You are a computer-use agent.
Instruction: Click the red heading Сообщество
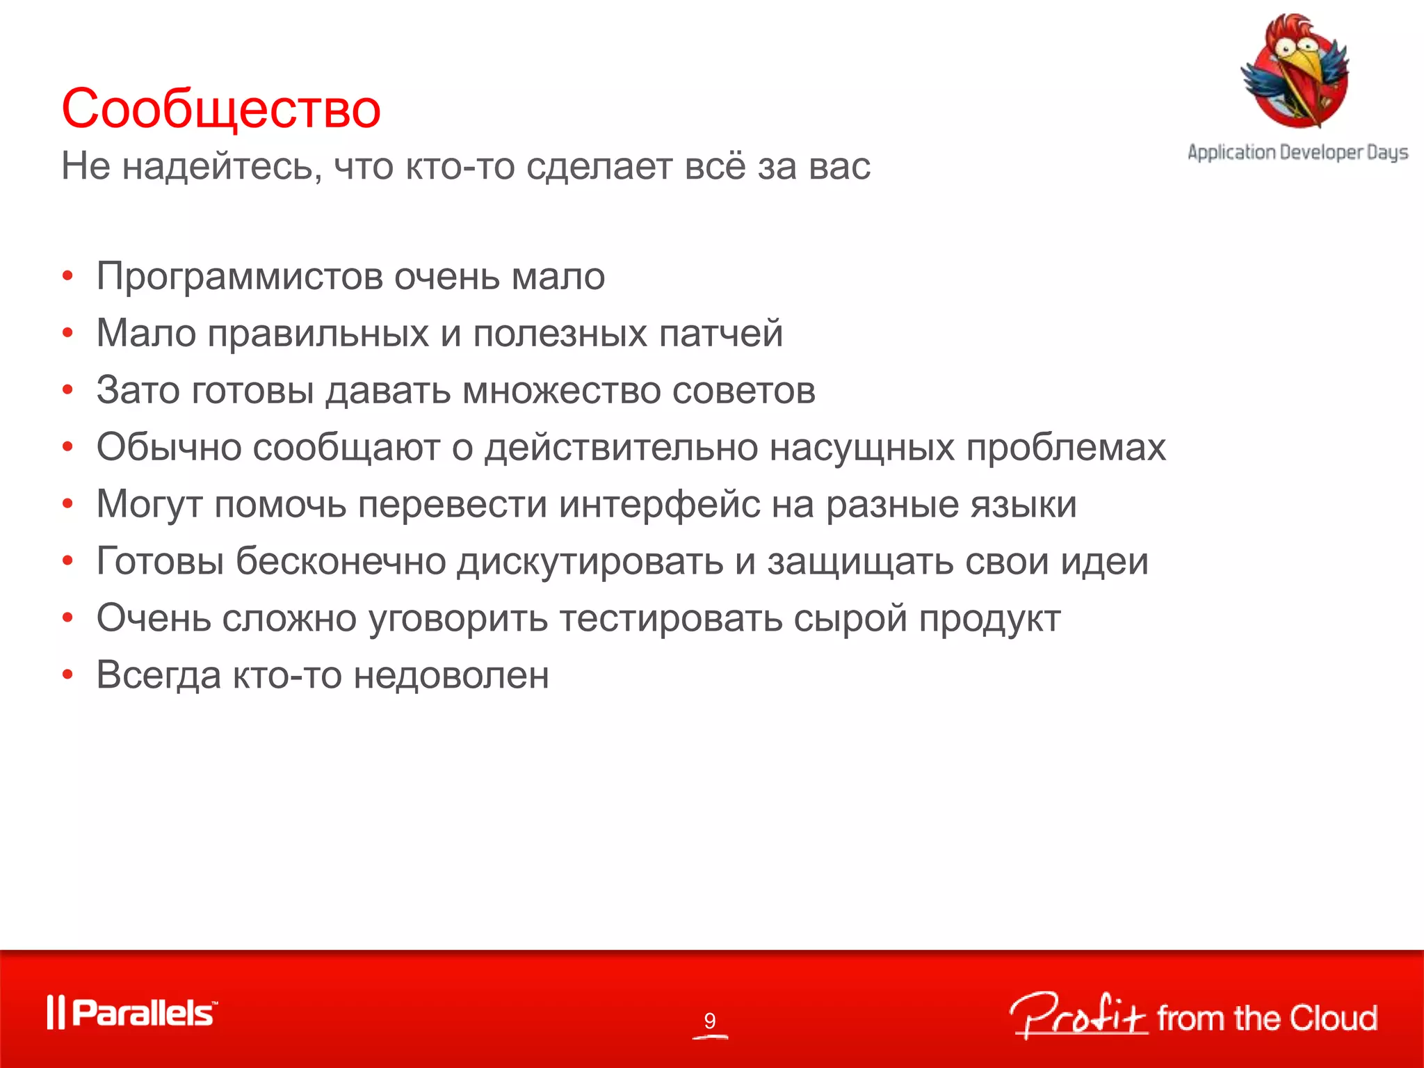[x=221, y=109]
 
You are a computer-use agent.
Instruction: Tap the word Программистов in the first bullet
[x=240, y=277]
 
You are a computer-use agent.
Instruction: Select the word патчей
[x=721, y=334]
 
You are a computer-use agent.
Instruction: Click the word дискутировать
[x=590, y=561]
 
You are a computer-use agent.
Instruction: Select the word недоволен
[x=451, y=675]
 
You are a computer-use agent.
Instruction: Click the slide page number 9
[x=709, y=1020]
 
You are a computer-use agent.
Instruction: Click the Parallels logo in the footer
[x=132, y=1012]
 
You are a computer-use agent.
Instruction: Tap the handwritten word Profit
[x=1078, y=1016]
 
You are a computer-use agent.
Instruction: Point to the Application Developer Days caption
[x=1297, y=152]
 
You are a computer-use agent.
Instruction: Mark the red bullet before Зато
[x=67, y=390]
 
